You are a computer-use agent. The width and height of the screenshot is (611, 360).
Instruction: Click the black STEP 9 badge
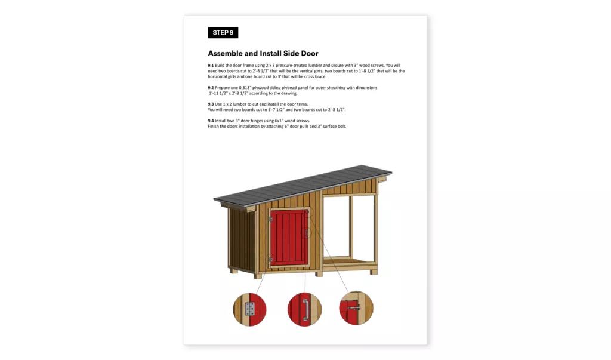coord(223,33)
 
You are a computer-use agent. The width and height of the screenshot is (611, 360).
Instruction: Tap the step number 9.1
coord(211,65)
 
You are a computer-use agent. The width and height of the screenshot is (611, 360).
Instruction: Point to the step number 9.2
coord(211,88)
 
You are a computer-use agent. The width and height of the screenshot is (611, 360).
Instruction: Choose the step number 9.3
coord(211,104)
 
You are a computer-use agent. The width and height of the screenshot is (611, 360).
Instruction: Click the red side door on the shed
coord(289,238)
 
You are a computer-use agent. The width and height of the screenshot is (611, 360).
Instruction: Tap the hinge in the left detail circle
coord(250,309)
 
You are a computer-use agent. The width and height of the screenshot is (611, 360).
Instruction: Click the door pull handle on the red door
coord(307,233)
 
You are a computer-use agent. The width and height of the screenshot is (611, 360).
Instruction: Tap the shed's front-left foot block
coord(258,276)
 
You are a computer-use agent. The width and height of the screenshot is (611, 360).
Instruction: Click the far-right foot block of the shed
coord(374,272)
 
